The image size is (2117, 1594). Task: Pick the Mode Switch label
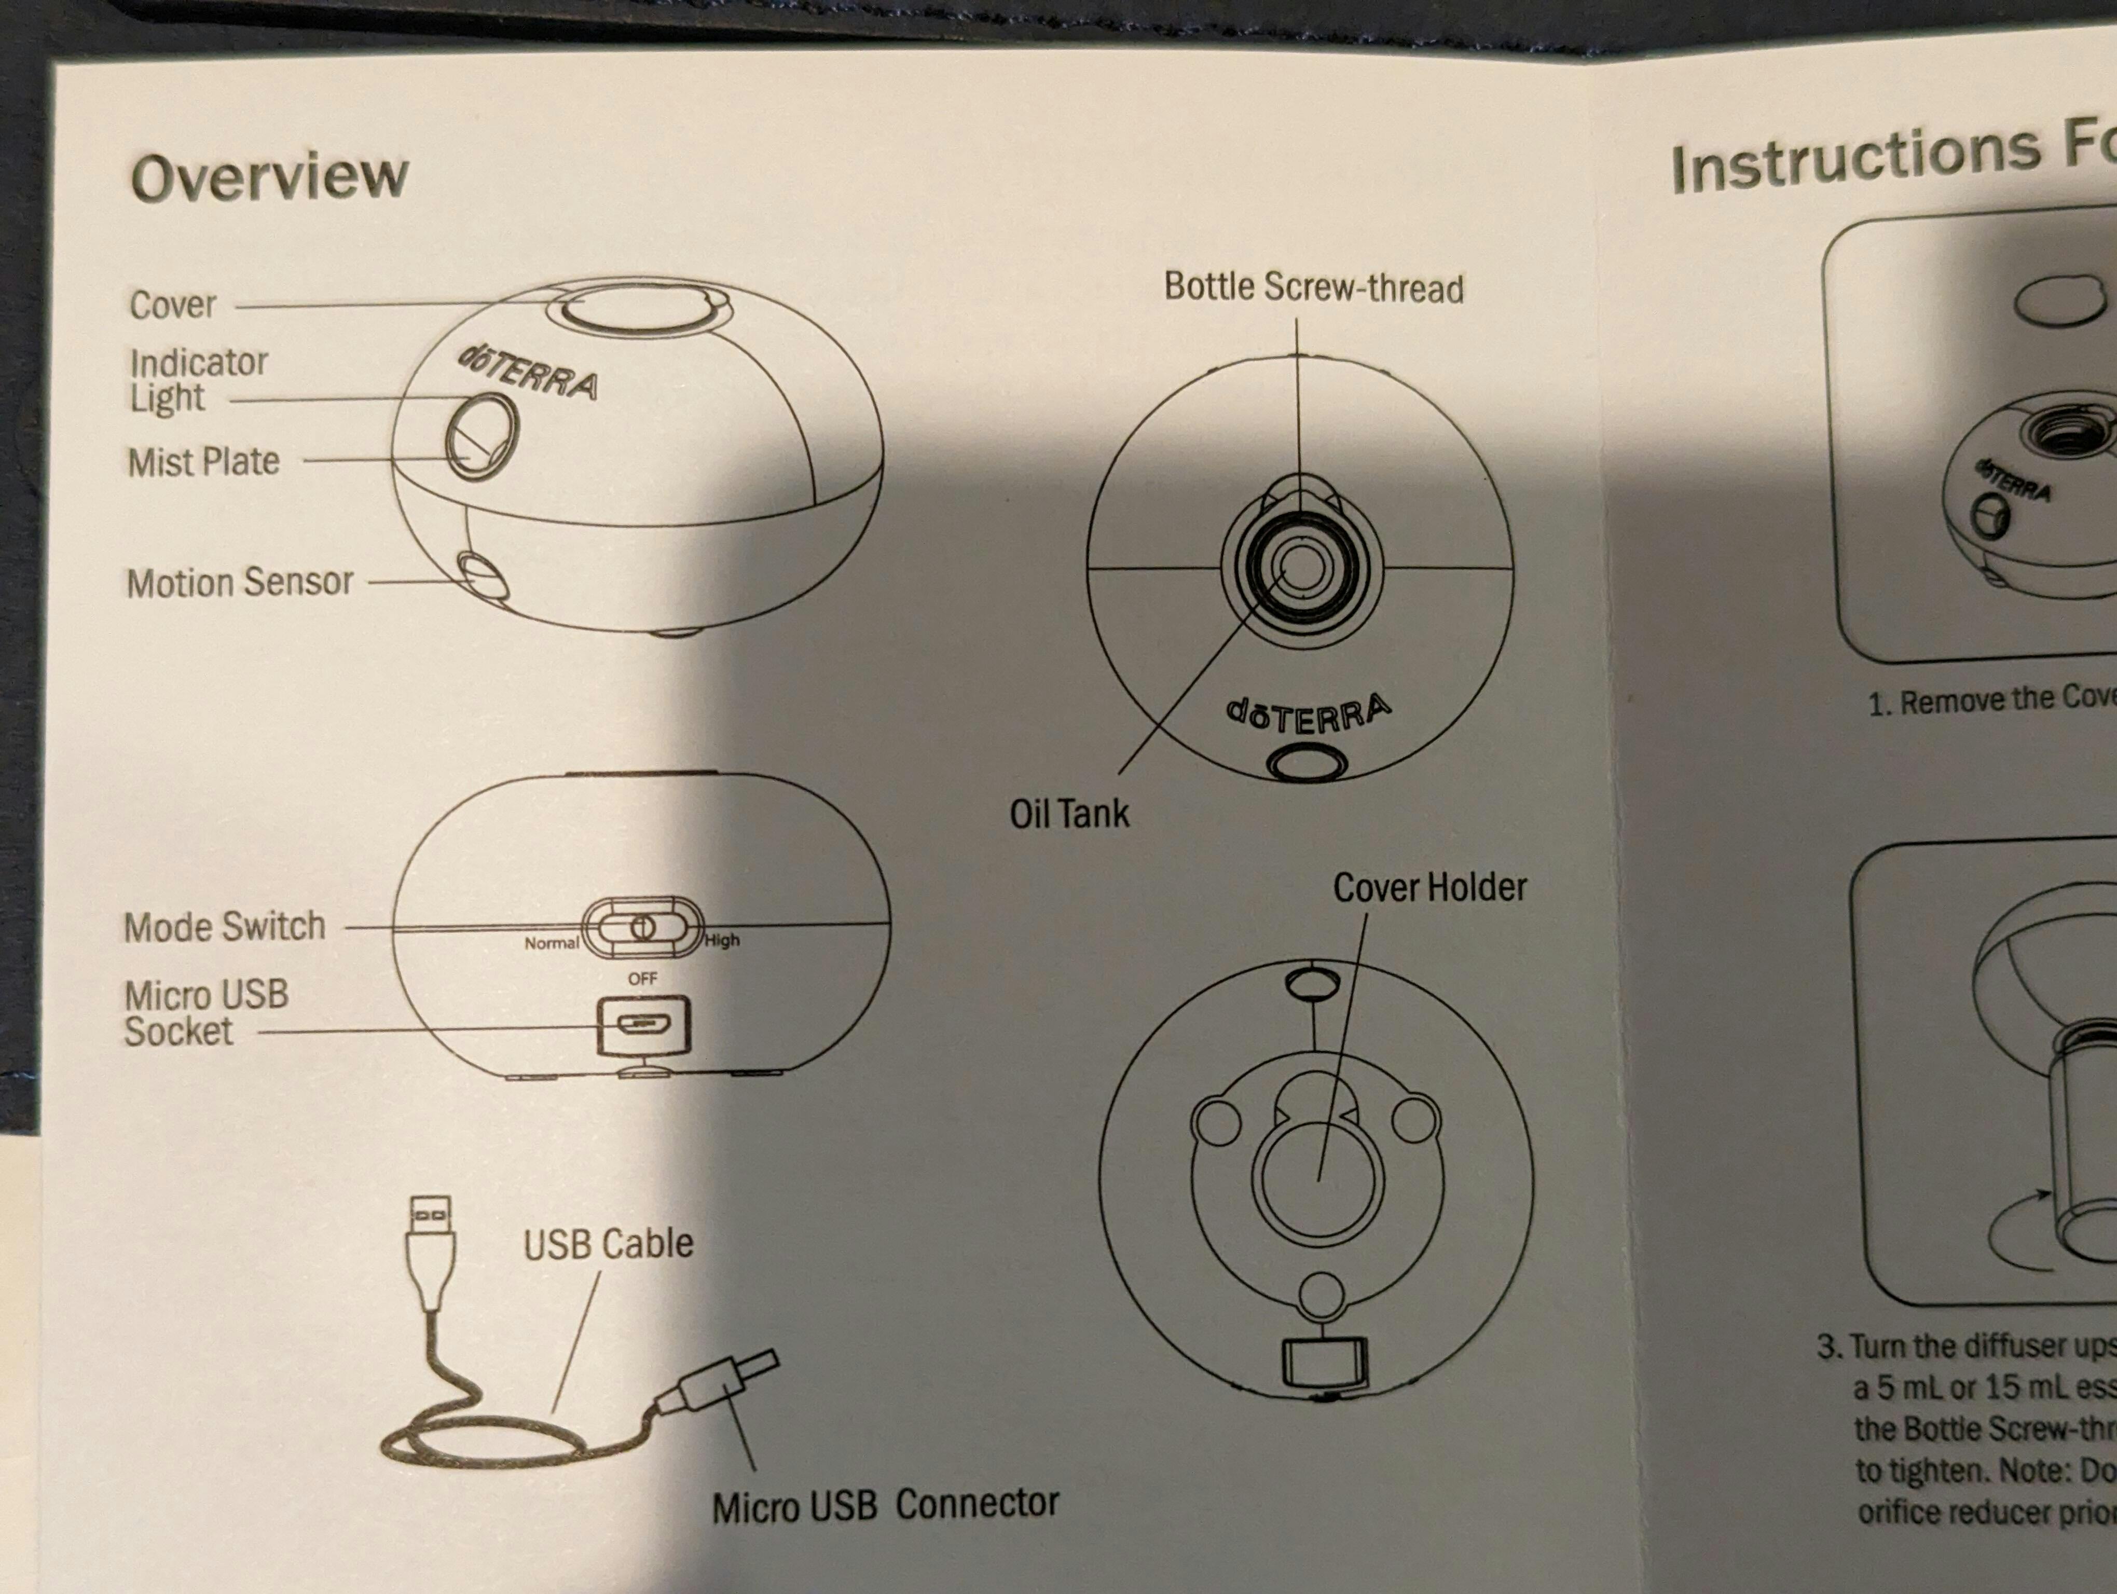click(224, 926)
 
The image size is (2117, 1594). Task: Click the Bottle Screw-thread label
click(1313, 287)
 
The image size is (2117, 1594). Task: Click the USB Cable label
click(608, 1243)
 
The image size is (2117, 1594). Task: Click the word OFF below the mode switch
click(642, 979)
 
